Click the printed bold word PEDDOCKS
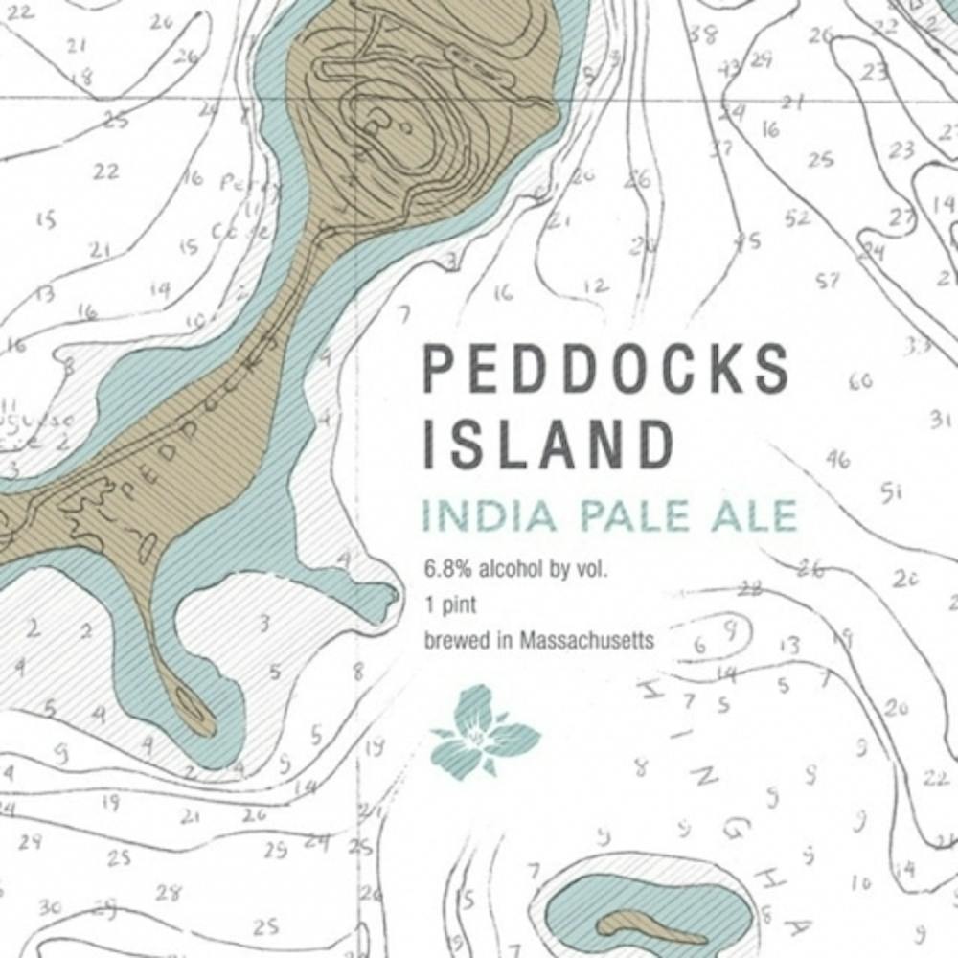pyautogui.click(x=606, y=368)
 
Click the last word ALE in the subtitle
pyautogui.click(x=755, y=515)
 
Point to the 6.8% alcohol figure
pyautogui.click(x=446, y=571)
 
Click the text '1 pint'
pyautogui.click(x=451, y=605)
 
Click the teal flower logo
pyautogui.click(x=486, y=730)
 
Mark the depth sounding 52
pyautogui.click(x=796, y=219)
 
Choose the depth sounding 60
pyautogui.click(x=860, y=381)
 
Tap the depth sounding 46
pyautogui.click(x=837, y=460)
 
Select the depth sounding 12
pyautogui.click(x=594, y=286)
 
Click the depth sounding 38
pyautogui.click(x=704, y=35)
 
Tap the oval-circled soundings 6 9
pyautogui.click(x=717, y=637)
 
